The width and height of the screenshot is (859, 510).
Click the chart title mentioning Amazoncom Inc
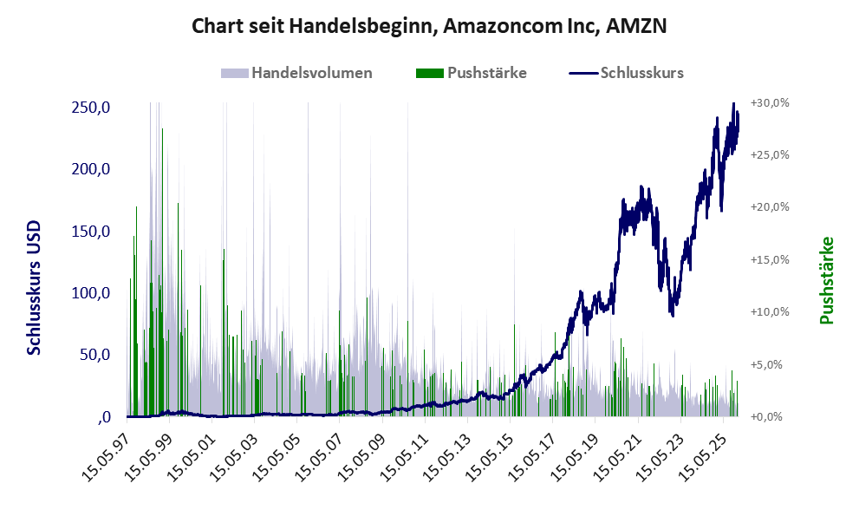429,26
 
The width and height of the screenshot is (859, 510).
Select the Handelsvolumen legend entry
311,73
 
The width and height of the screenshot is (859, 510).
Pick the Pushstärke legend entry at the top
486,73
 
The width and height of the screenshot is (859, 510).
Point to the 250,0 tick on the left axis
91,108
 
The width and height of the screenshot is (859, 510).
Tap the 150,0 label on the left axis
91,232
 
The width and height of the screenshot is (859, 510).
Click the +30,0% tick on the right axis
770,102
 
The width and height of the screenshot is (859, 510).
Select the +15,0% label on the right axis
770,259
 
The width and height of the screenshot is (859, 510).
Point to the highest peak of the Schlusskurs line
734,104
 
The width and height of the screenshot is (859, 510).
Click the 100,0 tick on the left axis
91,293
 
